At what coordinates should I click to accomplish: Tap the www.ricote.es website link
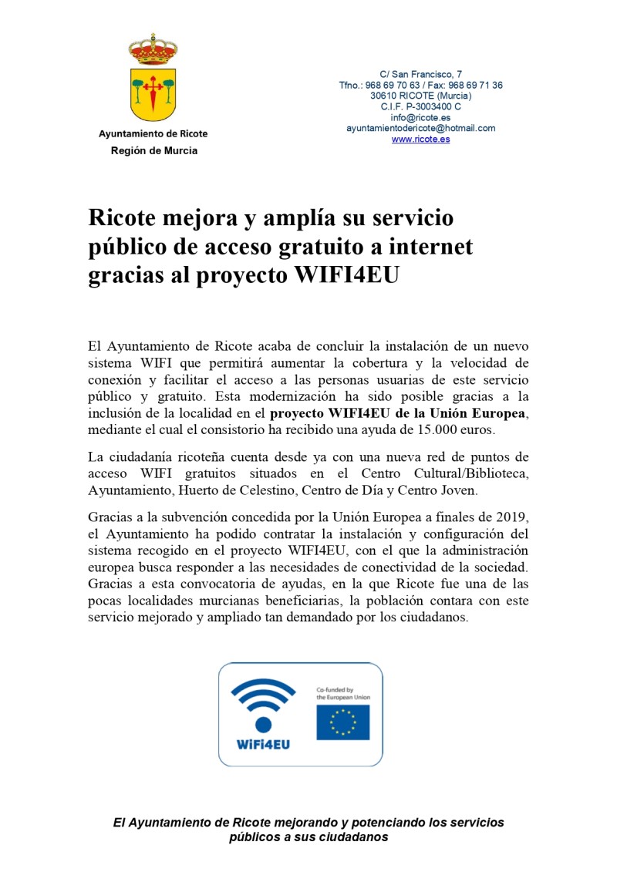420,140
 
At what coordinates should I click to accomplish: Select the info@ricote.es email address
420,118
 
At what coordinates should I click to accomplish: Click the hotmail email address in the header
420,129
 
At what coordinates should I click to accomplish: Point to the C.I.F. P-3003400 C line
420,107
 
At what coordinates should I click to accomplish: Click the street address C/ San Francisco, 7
421,74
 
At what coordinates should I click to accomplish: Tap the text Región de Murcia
153,151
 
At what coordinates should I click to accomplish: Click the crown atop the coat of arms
153,49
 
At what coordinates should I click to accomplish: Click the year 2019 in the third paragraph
490,517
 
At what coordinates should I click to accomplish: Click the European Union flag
342,722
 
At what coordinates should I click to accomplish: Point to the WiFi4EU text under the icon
263,746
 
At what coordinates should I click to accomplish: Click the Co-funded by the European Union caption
343,693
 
